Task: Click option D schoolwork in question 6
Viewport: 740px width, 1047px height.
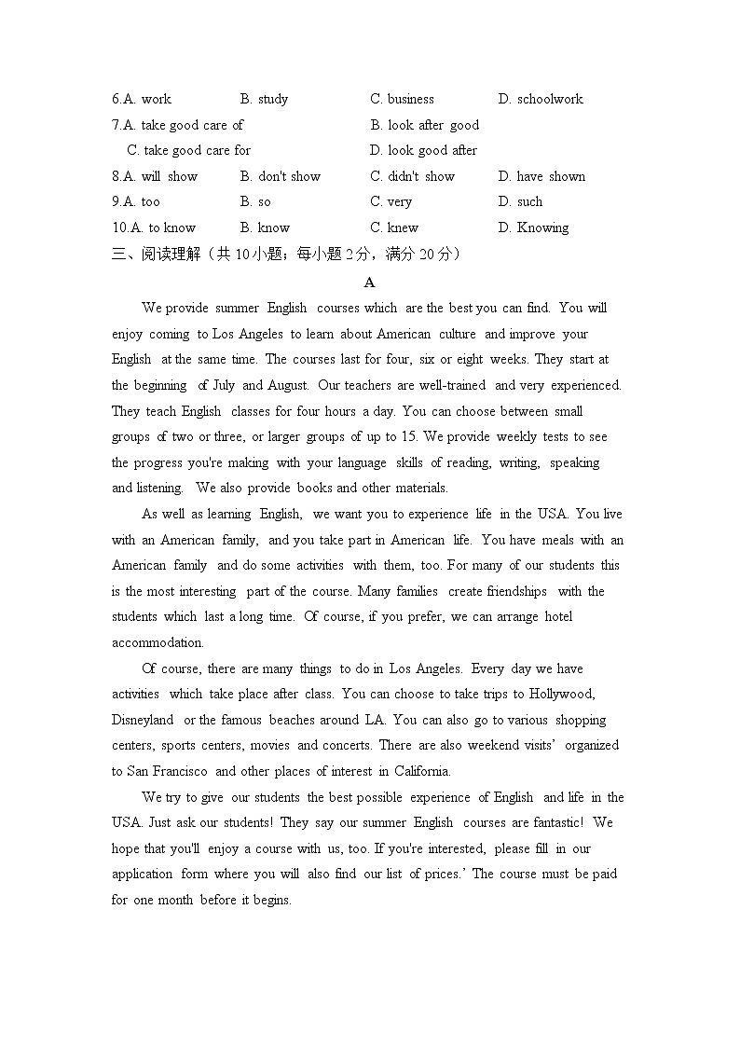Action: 541,99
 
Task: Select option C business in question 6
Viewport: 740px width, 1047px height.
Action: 402,99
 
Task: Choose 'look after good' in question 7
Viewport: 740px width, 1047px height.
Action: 424,125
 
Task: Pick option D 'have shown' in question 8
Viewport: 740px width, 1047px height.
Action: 541,176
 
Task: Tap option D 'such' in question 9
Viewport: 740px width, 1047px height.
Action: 520,201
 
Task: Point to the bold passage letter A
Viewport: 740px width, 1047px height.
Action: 369,282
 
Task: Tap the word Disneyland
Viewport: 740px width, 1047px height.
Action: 143,720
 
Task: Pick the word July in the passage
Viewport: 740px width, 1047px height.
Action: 225,385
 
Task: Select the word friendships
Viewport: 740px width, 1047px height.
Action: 517,591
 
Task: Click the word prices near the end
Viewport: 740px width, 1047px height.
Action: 439,874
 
